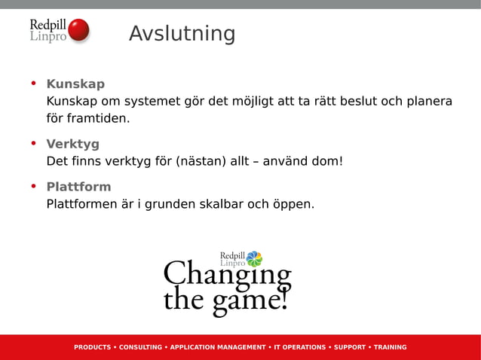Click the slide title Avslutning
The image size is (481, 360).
click(x=182, y=34)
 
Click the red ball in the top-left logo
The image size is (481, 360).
click(x=78, y=31)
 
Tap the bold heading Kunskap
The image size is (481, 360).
click(x=75, y=84)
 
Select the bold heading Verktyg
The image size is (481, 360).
click(x=72, y=144)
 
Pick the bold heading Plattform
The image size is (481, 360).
click(x=78, y=187)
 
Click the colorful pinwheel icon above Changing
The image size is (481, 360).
click(x=254, y=259)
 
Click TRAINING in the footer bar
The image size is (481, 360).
click(x=390, y=347)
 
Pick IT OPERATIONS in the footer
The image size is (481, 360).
click(x=299, y=347)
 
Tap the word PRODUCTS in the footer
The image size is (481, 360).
click(x=92, y=347)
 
